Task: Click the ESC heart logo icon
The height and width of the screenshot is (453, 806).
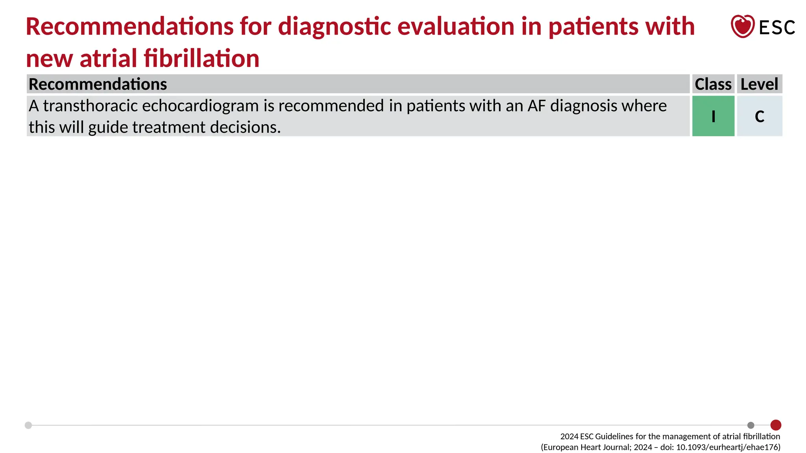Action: click(x=742, y=26)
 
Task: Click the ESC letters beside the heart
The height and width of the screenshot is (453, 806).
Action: click(x=777, y=28)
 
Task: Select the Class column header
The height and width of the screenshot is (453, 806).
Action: click(x=713, y=84)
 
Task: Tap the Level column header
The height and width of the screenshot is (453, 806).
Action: click(x=759, y=84)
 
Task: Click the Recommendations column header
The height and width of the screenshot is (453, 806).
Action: click(x=98, y=84)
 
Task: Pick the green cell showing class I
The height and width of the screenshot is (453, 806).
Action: click(x=713, y=116)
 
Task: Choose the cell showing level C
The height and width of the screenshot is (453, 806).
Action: click(x=760, y=116)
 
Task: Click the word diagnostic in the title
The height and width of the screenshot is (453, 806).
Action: click(x=335, y=27)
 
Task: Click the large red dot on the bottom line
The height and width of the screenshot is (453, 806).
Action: click(x=776, y=425)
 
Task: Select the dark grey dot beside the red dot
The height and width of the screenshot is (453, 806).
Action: click(x=751, y=425)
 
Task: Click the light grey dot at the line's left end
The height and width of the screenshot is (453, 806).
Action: click(x=28, y=425)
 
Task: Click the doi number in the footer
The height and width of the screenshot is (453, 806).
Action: click(x=728, y=447)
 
